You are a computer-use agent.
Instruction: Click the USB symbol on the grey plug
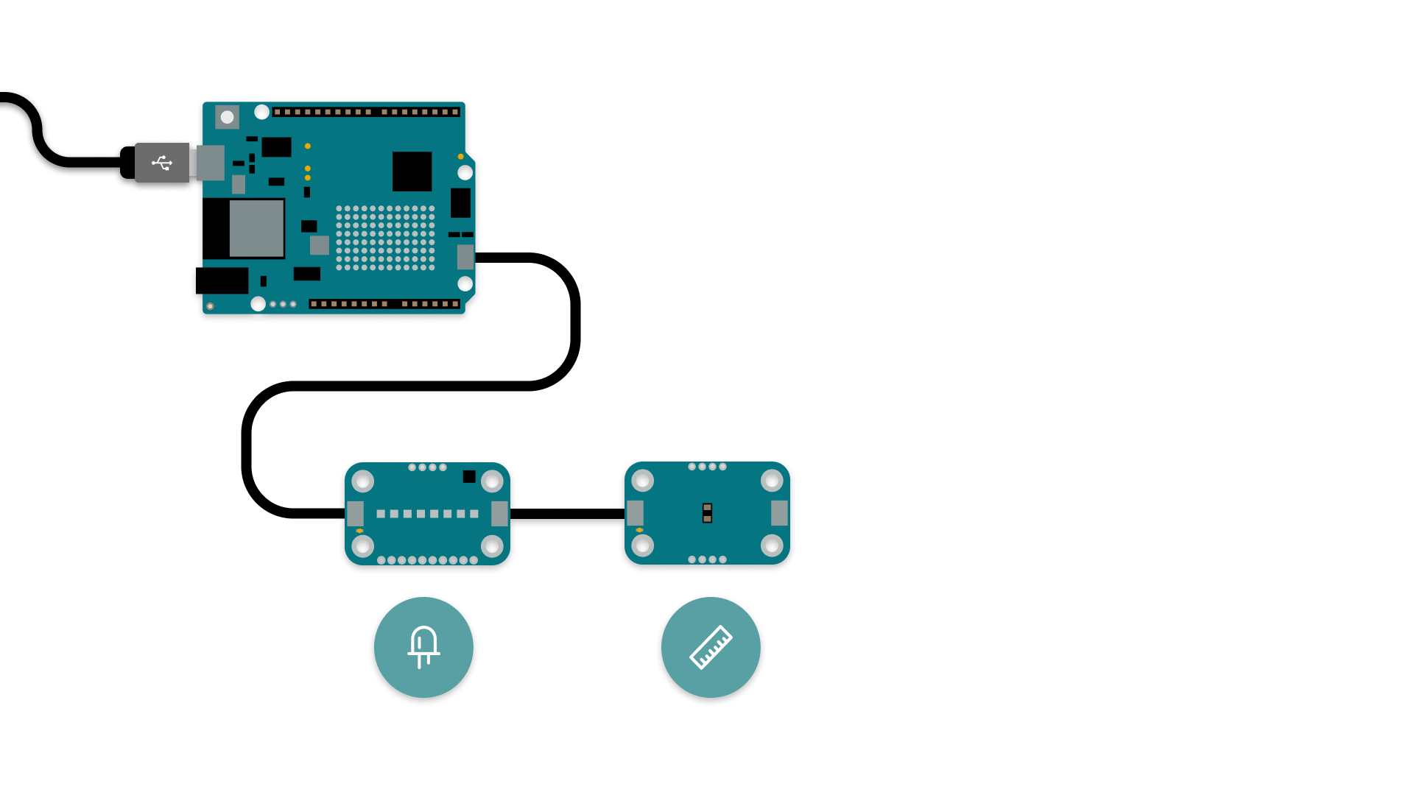(x=162, y=163)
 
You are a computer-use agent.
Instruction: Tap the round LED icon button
(x=423, y=647)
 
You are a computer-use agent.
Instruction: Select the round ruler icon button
(x=711, y=647)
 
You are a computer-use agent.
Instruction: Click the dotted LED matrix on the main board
(x=385, y=238)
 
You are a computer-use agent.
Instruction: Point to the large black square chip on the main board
(x=412, y=172)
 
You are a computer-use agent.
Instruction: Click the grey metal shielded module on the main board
(x=256, y=228)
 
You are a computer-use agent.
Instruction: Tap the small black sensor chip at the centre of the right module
(x=707, y=513)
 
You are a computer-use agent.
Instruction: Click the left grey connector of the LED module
(x=355, y=513)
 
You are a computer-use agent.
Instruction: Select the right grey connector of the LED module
(x=499, y=513)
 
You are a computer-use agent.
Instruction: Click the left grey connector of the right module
(x=635, y=513)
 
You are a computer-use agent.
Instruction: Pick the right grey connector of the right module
(x=779, y=513)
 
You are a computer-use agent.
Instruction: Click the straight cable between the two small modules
(x=567, y=514)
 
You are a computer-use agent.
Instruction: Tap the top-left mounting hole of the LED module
(x=362, y=481)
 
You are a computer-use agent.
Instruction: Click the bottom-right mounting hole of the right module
(x=772, y=545)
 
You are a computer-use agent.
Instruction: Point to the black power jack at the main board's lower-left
(x=222, y=280)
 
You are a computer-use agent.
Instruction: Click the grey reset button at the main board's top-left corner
(x=227, y=117)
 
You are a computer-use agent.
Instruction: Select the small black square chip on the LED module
(x=469, y=477)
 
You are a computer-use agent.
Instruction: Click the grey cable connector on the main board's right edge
(x=465, y=257)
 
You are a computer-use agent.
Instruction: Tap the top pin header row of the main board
(x=366, y=112)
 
